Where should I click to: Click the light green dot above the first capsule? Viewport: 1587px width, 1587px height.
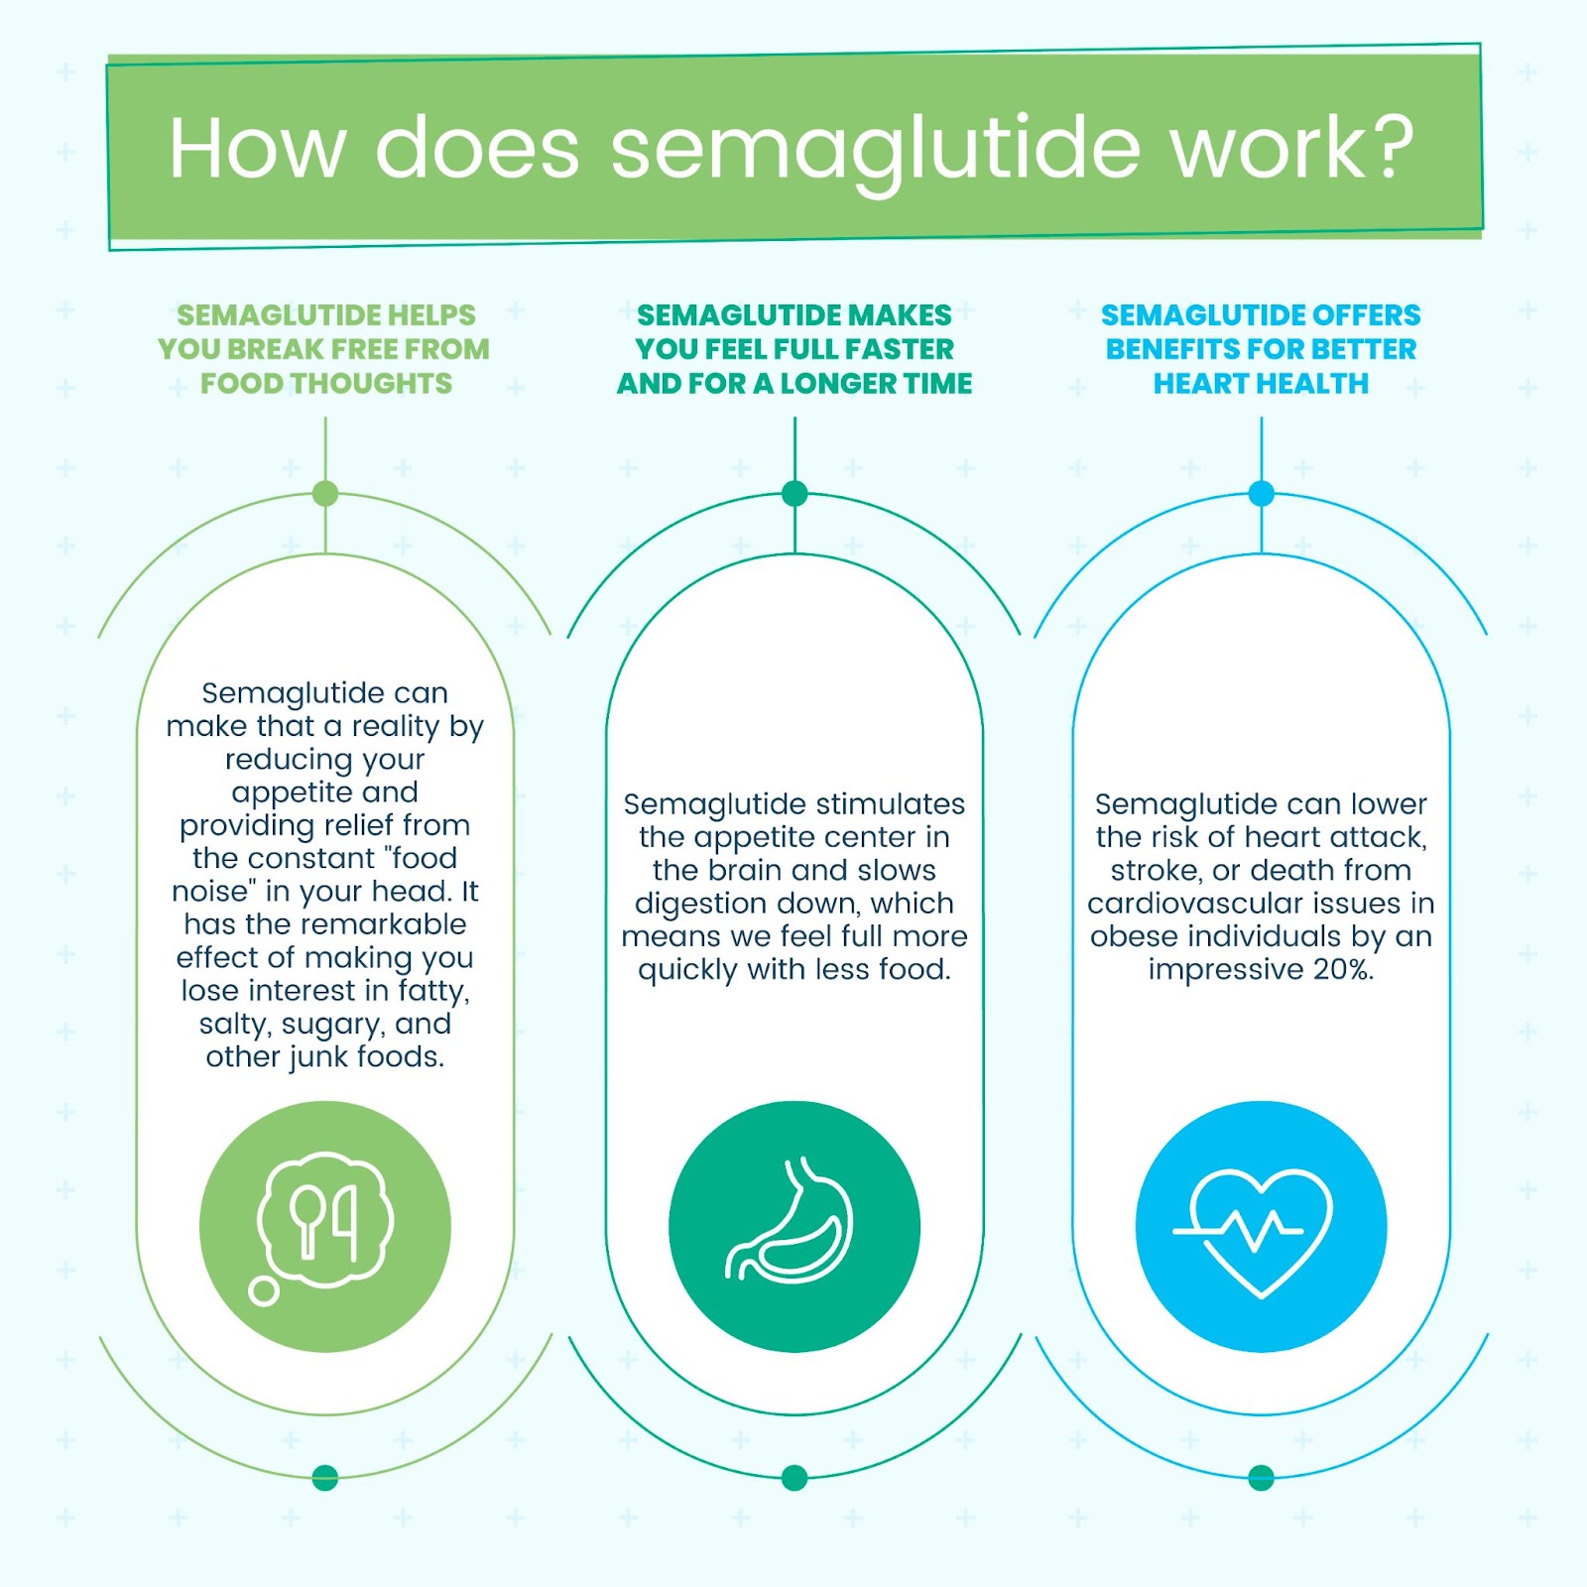tap(325, 493)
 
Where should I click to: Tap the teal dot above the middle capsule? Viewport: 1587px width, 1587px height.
tap(794, 493)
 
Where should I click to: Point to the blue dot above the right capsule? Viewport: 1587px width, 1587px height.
tap(1262, 493)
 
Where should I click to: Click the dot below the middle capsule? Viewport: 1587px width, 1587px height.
tap(794, 1478)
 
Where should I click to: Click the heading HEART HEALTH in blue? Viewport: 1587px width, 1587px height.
tap(1261, 384)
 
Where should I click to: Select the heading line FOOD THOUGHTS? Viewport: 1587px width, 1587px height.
tap(326, 384)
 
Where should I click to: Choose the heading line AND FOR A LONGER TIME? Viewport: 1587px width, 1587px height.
tap(794, 384)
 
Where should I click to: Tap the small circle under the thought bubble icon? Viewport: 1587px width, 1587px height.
tap(263, 1290)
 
